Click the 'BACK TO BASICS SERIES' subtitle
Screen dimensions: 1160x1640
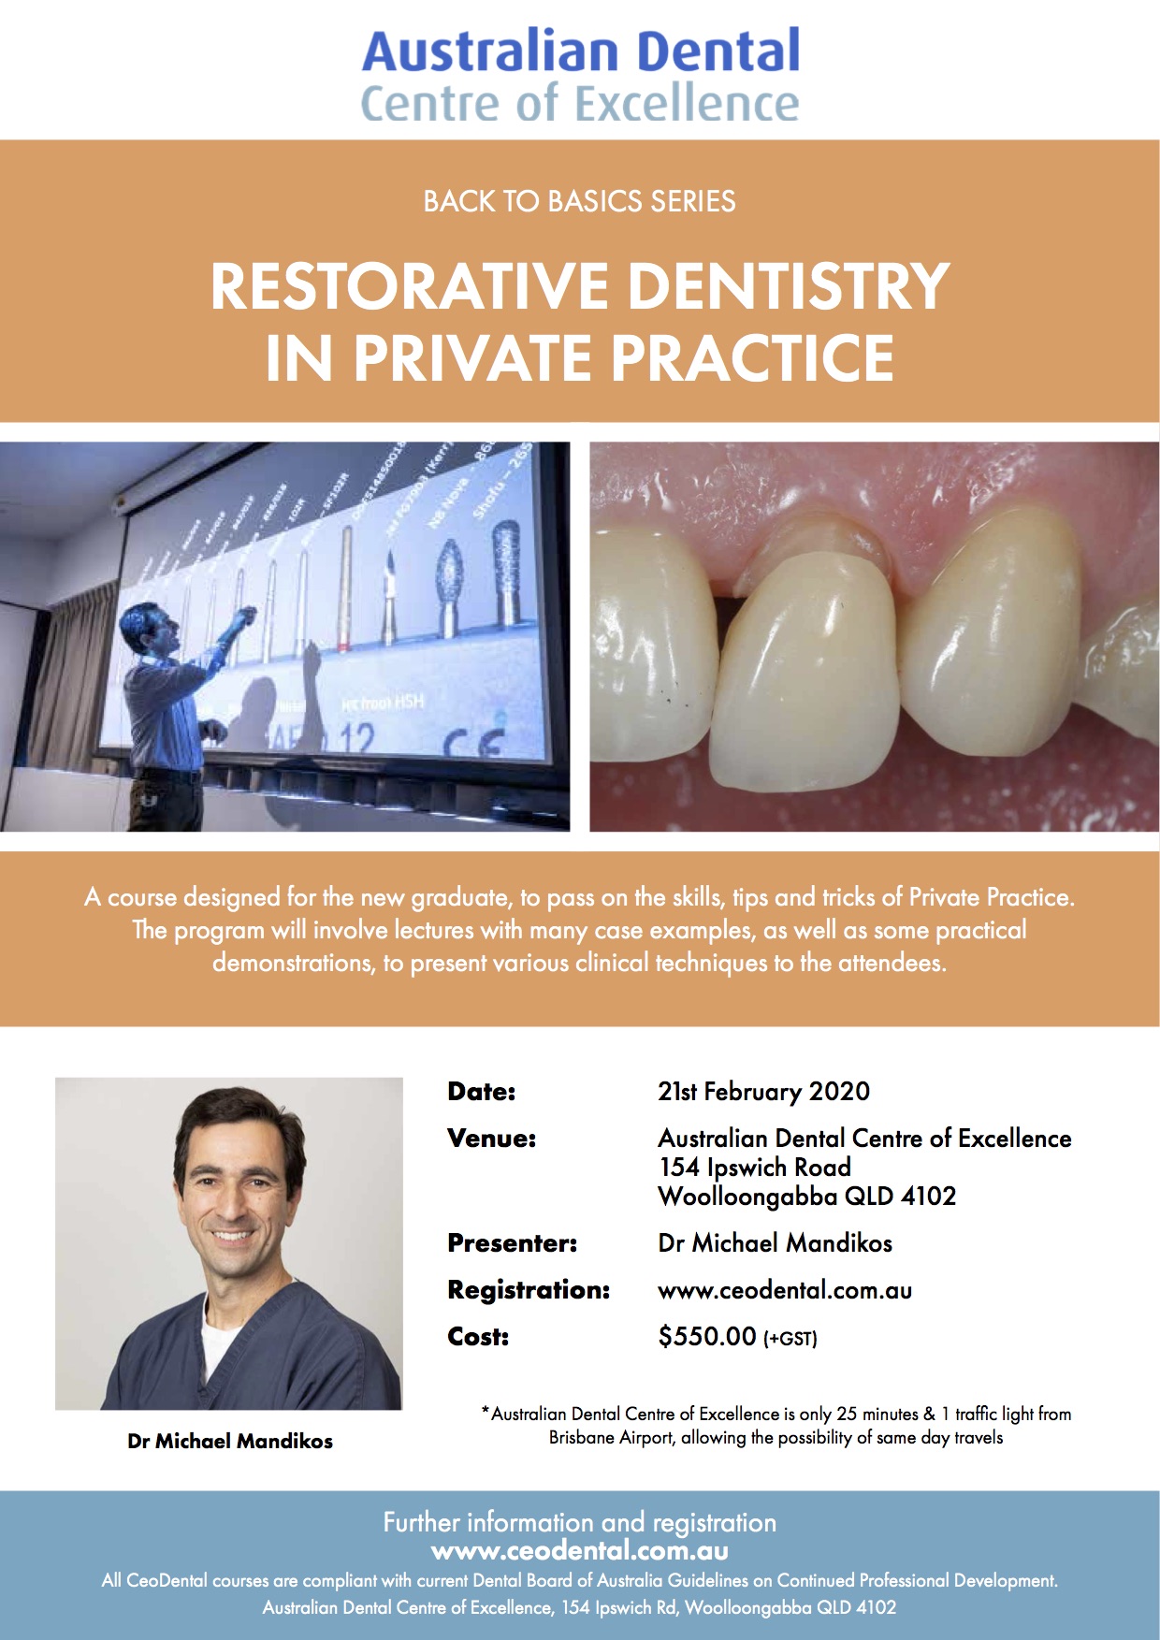(580, 201)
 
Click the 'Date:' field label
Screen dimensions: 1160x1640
(482, 1092)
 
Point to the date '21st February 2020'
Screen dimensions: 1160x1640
(763, 1092)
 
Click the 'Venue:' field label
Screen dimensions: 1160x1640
(492, 1139)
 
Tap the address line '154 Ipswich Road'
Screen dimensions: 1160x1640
(755, 1168)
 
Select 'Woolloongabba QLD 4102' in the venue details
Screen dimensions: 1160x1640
(807, 1197)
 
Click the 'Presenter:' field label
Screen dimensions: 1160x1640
(513, 1243)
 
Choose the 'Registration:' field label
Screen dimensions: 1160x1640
(529, 1290)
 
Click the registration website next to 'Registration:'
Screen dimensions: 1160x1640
(785, 1291)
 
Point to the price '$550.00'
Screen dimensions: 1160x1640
(707, 1336)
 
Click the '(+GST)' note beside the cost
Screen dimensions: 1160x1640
(790, 1339)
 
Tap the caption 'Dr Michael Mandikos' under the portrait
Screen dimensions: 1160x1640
(230, 1442)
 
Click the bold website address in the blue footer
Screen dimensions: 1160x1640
(580, 1551)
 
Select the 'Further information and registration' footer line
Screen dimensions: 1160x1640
(580, 1523)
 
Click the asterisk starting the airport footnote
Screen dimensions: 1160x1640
(486, 1411)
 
